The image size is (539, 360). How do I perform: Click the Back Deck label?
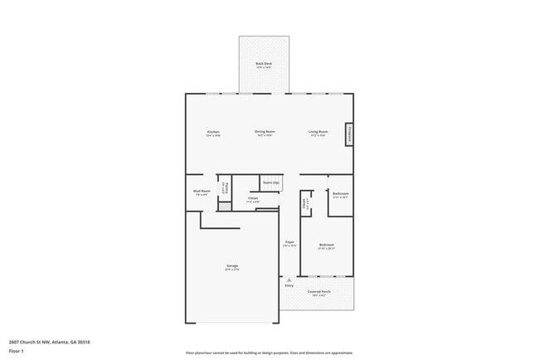click(x=264, y=65)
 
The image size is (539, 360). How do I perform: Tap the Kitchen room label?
click(x=213, y=133)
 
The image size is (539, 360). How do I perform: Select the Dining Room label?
click(x=265, y=133)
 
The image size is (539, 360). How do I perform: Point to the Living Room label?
click(x=318, y=133)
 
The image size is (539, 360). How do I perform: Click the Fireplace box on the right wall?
click(x=350, y=134)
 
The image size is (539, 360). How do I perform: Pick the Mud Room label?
click(x=202, y=192)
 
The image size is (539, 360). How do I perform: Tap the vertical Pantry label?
click(x=224, y=188)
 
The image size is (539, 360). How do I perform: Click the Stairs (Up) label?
click(x=270, y=182)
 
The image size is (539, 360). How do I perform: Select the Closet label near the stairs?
click(x=252, y=199)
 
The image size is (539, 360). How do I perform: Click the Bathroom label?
click(x=340, y=195)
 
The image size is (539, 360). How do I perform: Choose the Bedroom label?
click(x=327, y=246)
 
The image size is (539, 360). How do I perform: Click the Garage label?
click(x=232, y=267)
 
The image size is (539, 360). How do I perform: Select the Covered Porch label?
click(x=318, y=293)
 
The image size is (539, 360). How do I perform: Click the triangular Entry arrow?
click(x=289, y=280)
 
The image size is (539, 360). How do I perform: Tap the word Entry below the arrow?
click(x=289, y=286)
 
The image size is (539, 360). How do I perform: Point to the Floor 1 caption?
click(x=16, y=351)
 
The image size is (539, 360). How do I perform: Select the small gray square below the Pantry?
click(x=224, y=207)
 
